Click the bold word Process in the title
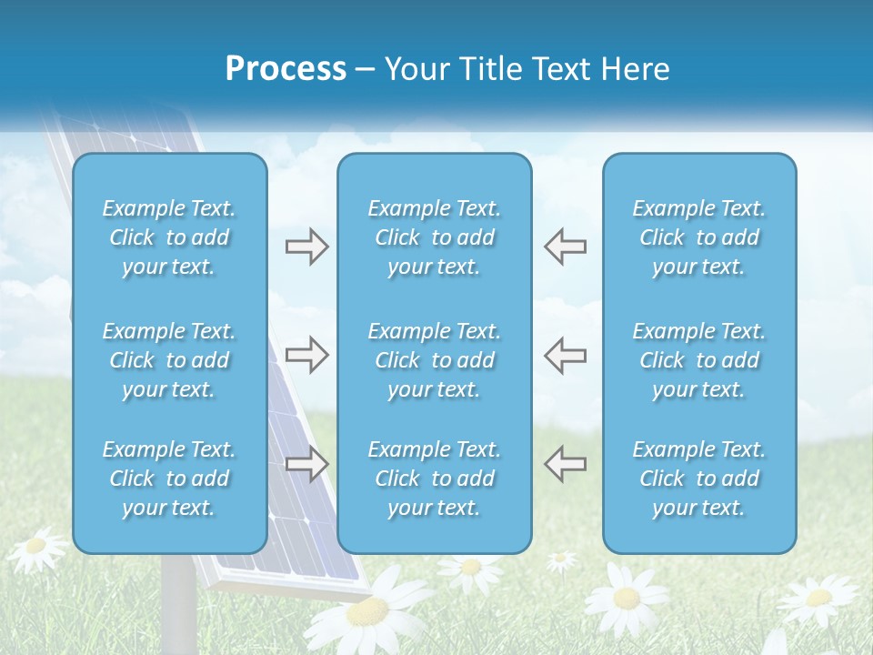286,69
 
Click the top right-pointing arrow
306,247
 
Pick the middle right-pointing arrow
306,355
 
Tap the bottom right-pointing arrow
306,464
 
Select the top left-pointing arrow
565,247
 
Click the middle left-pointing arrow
565,355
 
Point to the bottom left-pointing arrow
565,464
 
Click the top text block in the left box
169,237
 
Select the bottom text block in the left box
169,479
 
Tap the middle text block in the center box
435,360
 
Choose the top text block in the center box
435,237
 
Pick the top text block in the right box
699,237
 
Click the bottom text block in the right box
699,479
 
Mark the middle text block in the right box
699,360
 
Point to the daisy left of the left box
36,546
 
